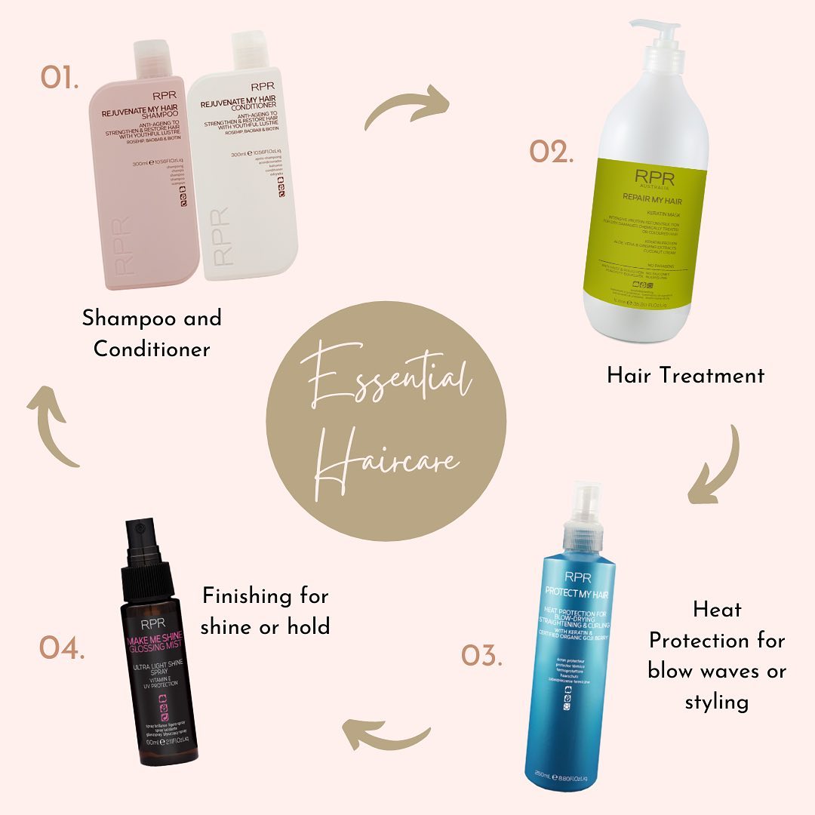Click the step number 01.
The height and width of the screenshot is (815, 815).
point(60,78)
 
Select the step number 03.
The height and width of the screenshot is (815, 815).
point(481,654)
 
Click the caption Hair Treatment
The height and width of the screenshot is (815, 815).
point(685,375)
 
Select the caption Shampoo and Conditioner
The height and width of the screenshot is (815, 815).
point(152,333)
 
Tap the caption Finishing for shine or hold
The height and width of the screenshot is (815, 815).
point(265,610)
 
